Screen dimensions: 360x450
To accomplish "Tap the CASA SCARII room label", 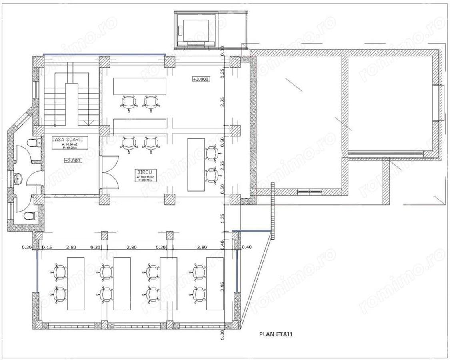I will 70,139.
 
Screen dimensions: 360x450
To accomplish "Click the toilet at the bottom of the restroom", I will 29,216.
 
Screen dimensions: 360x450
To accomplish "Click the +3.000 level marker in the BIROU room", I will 201,79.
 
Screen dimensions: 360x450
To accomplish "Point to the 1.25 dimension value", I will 223,218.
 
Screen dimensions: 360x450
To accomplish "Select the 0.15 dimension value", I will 48,248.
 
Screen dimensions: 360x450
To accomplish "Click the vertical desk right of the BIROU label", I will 196,164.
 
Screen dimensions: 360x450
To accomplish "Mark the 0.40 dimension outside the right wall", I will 247,248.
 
